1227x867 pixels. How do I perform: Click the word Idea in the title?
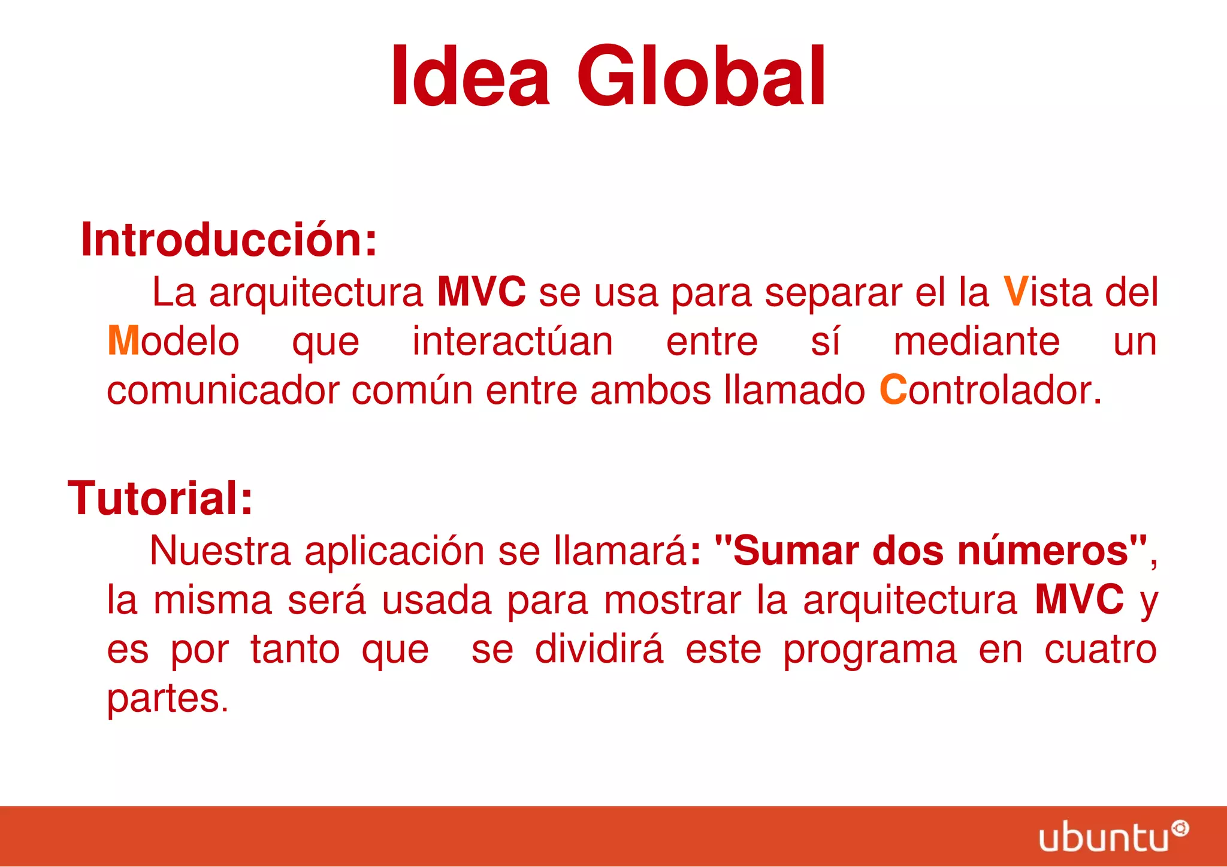[x=470, y=77]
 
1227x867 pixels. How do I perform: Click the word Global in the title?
[x=701, y=77]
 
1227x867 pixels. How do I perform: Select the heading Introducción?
[x=229, y=240]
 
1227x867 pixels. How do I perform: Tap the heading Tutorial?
[x=160, y=499]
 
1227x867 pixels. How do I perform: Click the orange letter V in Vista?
[x=1016, y=292]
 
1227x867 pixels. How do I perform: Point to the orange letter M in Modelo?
[x=123, y=341]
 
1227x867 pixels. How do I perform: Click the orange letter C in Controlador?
[x=893, y=390]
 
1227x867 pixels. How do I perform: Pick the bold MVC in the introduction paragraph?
[x=481, y=292]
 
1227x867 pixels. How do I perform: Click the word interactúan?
[x=513, y=342]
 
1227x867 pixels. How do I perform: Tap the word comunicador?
[x=223, y=391]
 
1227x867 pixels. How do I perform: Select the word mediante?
[x=977, y=342]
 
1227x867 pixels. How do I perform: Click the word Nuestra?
[x=220, y=551]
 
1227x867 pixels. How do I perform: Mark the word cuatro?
[x=1100, y=650]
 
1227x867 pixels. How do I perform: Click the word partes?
[x=167, y=699]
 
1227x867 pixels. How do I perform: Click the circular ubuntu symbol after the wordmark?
[x=1180, y=829]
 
